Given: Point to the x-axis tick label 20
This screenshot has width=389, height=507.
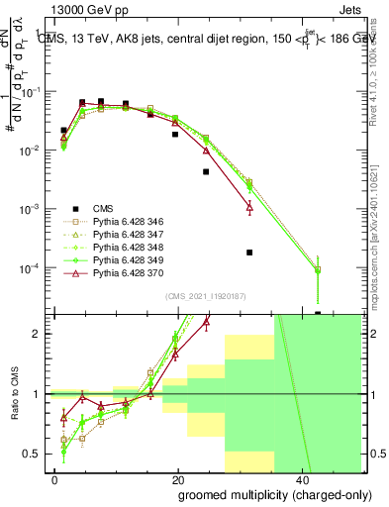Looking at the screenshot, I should click(178, 478).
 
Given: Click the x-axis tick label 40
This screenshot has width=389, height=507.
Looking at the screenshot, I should click(301, 478).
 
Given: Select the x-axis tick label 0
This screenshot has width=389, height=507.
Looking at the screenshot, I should click(55, 478).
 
